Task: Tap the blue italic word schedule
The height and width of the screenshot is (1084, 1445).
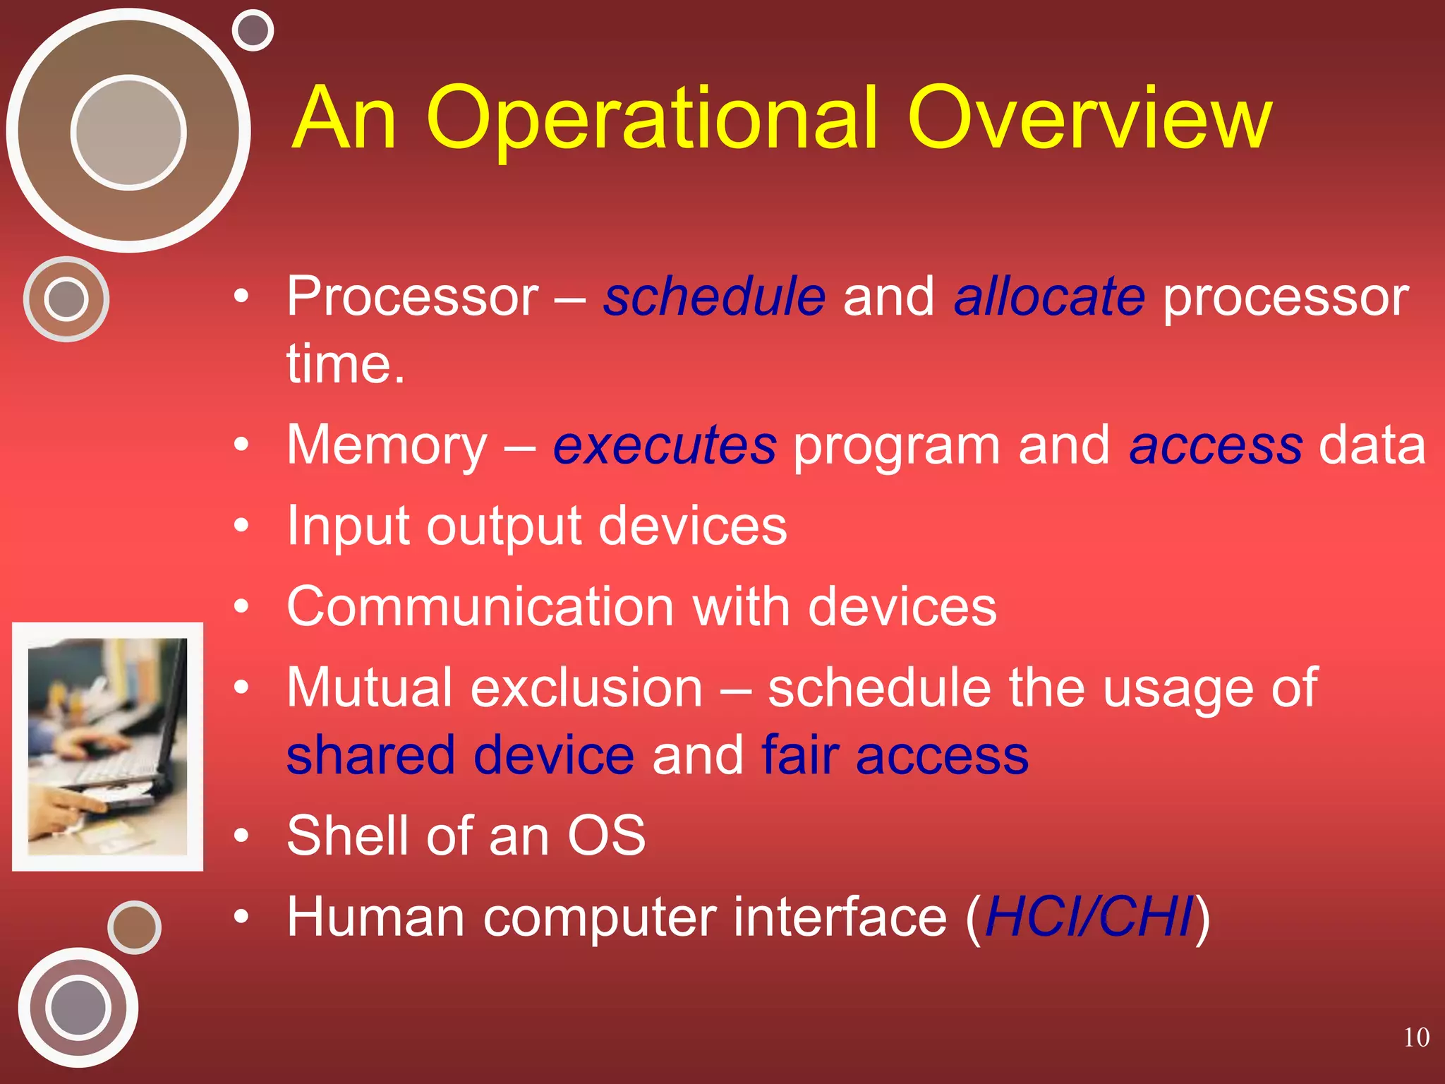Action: pyautogui.click(x=714, y=297)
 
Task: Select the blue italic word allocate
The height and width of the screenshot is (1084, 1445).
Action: pyautogui.click(x=1048, y=297)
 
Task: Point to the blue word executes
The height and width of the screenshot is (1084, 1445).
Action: pyautogui.click(x=664, y=446)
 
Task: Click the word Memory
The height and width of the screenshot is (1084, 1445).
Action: pyautogui.click(x=387, y=446)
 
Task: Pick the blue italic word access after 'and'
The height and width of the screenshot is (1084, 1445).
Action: pyautogui.click(x=1215, y=446)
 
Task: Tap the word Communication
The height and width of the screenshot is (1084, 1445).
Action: pyautogui.click(x=480, y=607)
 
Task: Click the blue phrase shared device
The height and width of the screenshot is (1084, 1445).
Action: pyautogui.click(x=460, y=756)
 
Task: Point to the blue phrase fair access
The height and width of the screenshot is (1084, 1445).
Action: pyautogui.click(x=895, y=756)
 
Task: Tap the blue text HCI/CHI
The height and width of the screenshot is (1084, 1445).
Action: pyautogui.click(x=1088, y=917)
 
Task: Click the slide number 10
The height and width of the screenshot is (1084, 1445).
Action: pyautogui.click(x=1415, y=1037)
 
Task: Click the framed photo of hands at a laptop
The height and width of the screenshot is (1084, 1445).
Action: pyautogui.click(x=107, y=747)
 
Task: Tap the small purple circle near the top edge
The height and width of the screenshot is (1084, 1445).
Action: pyautogui.click(x=253, y=30)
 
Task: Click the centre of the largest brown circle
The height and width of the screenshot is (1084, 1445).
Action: pyautogui.click(x=128, y=132)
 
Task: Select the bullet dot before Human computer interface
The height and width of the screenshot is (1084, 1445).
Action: pyautogui.click(x=242, y=917)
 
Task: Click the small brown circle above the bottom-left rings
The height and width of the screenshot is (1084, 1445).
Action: pyautogui.click(x=134, y=927)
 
